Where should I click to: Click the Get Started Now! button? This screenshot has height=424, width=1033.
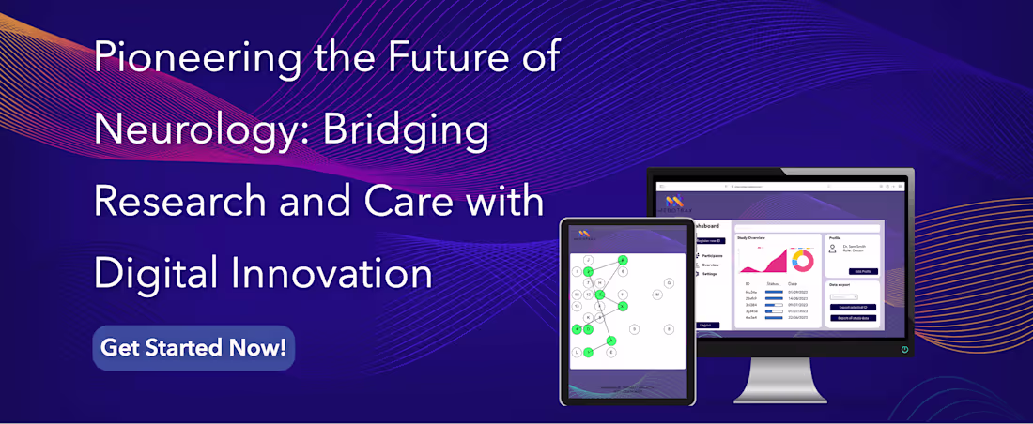point(193,348)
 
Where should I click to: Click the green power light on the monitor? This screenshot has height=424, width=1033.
point(904,349)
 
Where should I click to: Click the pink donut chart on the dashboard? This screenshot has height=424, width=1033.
point(803,260)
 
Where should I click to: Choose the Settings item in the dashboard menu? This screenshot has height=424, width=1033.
point(709,274)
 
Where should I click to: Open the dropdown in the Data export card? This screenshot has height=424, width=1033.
point(843,296)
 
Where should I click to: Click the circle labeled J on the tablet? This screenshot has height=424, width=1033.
point(589,260)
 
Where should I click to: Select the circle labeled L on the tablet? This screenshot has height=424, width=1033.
point(577,352)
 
